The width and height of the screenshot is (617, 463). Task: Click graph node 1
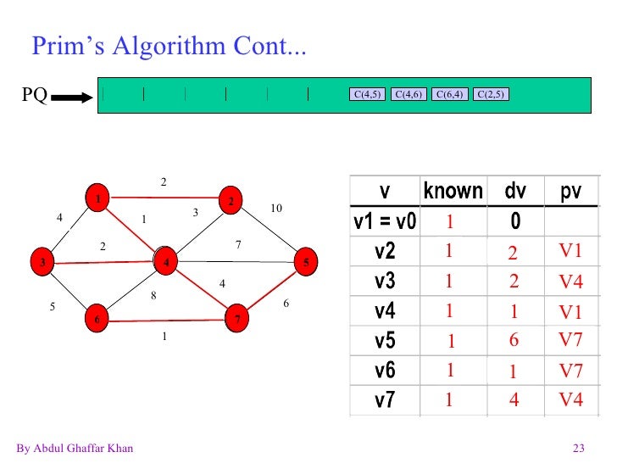click(99, 198)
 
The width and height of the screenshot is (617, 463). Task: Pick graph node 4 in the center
click(166, 262)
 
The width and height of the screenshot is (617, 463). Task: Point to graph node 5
click(305, 262)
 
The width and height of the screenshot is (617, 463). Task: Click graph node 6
click(97, 319)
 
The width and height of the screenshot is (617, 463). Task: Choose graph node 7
click(238, 319)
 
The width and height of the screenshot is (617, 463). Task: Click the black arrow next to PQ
click(71, 97)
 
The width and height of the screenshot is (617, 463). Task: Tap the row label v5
click(385, 341)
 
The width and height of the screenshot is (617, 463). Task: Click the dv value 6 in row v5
click(514, 341)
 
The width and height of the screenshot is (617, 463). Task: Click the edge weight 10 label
click(275, 209)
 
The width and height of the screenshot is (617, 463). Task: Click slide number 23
click(580, 449)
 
